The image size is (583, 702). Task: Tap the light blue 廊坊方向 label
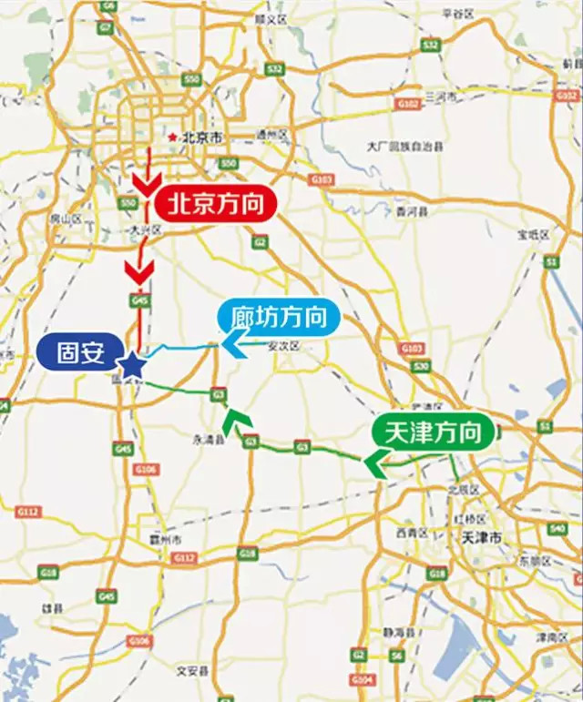click(279, 318)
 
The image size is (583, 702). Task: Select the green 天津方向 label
click(434, 432)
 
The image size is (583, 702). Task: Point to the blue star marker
click(133, 365)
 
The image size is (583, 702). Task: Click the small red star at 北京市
click(171, 137)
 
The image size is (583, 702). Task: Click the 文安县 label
click(192, 671)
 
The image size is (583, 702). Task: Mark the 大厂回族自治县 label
click(404, 146)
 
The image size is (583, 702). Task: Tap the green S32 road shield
click(431, 45)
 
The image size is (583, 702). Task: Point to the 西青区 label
click(405, 532)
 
